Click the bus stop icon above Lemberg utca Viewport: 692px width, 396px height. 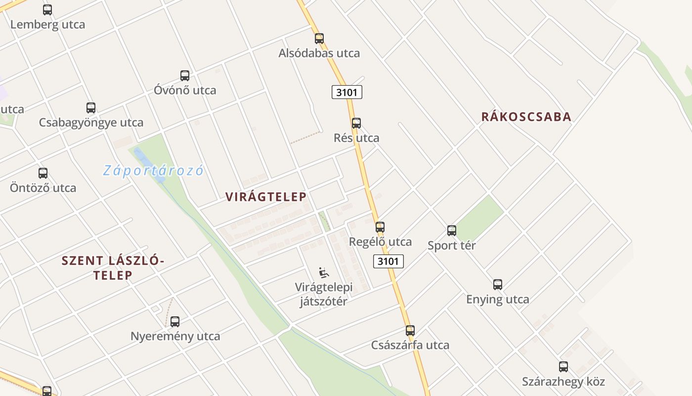coord(47,9)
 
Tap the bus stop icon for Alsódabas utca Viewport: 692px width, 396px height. coord(319,38)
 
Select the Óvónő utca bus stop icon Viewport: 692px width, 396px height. coord(185,76)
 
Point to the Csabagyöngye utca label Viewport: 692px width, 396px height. coord(91,123)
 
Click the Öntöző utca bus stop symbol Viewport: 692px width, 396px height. coord(43,173)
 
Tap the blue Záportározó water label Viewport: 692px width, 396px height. coord(153,171)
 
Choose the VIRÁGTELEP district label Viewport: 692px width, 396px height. coord(266,197)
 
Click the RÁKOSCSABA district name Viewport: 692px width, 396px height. coord(526,117)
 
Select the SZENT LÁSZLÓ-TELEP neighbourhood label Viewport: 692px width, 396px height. coord(112,268)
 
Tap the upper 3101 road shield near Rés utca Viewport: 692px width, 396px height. coord(346,92)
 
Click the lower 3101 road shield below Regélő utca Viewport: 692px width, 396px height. coord(389,261)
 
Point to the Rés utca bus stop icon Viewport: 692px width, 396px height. coord(356,123)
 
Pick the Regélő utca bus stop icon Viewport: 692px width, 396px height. coord(380,227)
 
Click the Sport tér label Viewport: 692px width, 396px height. coord(451,246)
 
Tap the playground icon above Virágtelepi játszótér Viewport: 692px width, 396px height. coord(324,273)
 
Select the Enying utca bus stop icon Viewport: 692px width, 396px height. coord(498,285)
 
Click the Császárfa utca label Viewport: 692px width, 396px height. coord(410,345)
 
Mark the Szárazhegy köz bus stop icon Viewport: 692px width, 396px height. coord(563,367)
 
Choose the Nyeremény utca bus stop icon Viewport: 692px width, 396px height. coord(175,322)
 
